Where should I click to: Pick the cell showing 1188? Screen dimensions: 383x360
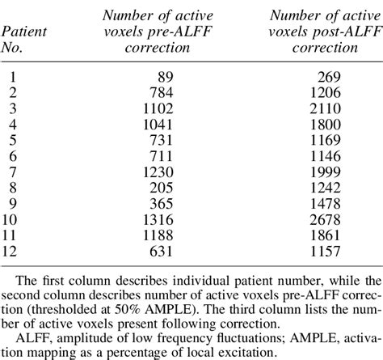155,224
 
